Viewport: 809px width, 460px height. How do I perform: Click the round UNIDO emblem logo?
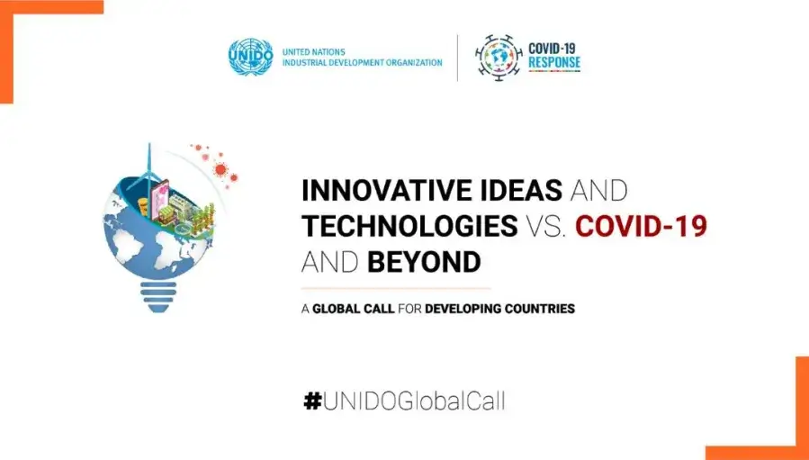250,58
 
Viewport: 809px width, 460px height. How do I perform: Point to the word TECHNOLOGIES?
409,226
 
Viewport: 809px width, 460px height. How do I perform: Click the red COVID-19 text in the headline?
641,226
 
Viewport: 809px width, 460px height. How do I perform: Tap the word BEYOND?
424,262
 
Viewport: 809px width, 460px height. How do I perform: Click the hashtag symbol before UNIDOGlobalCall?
312,401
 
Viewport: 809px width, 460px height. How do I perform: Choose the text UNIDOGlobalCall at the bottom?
414,401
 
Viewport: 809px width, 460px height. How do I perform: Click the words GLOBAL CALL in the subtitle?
354,310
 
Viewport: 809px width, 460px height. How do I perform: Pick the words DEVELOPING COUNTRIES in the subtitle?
500,310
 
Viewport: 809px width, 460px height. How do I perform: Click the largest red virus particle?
220,169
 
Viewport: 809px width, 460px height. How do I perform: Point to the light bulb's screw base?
157,296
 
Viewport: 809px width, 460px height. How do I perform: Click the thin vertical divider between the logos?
458,58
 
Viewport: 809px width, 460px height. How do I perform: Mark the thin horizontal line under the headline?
396,288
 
